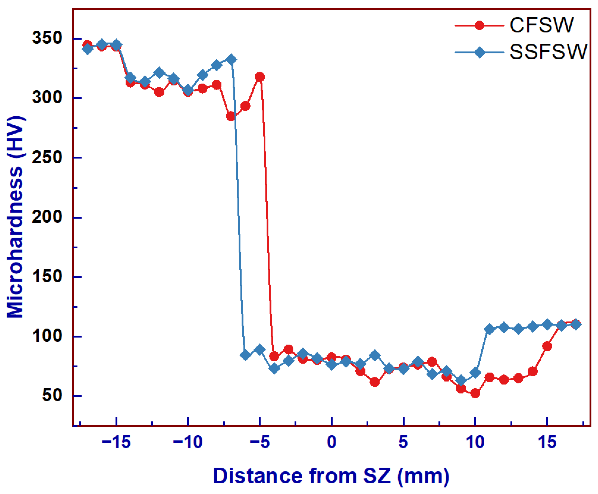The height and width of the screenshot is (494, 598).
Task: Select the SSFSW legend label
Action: pos(548,52)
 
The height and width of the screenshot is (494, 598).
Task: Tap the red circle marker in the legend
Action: pos(479,25)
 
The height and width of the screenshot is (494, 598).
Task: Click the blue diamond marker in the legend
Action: pos(479,52)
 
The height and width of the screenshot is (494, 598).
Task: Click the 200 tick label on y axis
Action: pos(47,217)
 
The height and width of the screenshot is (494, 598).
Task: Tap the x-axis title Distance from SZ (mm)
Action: pos(331,476)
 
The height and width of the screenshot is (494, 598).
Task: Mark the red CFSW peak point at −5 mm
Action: pos(260,77)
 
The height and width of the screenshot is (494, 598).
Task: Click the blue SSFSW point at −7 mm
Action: pos(231,60)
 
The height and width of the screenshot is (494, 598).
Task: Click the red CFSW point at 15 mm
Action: pos(547,346)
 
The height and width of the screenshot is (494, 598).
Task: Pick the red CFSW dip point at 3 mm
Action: pos(375,382)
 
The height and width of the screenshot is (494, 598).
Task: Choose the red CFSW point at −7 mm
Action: pos(231,116)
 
